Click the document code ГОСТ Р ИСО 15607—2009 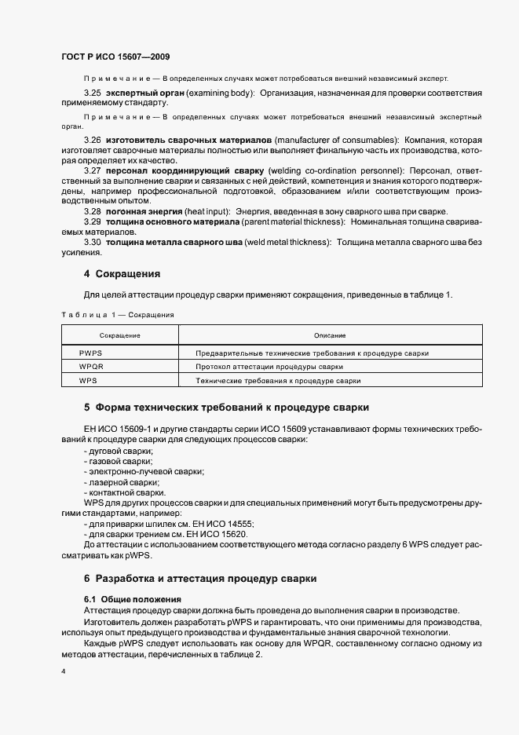pyautogui.click(x=115, y=57)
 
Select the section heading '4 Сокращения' pyautogui.click(x=122, y=274)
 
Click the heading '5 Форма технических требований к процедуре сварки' pyautogui.click(x=226, y=408)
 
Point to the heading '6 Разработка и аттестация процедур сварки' pyautogui.click(x=200, y=578)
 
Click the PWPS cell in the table pyautogui.click(x=91, y=353)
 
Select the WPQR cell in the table pyautogui.click(x=92, y=367)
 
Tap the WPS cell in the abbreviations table pyautogui.click(x=88, y=380)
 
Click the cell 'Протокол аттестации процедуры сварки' pyautogui.click(x=269, y=367)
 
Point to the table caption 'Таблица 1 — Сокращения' pyautogui.click(x=117, y=314)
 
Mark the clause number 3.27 pyautogui.click(x=93, y=170)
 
